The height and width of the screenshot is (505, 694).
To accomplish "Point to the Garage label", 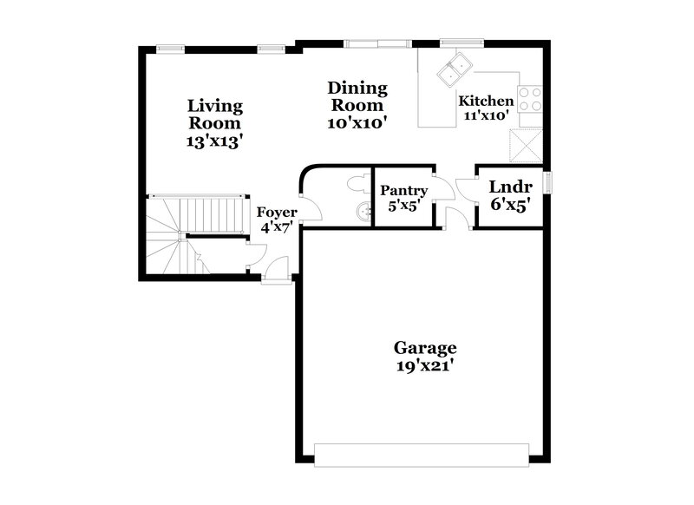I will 425,348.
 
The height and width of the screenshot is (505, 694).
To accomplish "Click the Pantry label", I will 403,191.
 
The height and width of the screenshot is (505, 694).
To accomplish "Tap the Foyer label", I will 278,212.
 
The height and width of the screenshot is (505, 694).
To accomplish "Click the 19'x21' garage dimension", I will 425,366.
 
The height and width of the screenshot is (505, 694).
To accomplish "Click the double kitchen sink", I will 455,69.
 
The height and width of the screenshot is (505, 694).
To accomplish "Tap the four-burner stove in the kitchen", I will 529,100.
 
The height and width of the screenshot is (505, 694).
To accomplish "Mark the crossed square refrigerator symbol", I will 526,145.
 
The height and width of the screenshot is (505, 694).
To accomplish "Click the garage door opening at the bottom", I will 422,455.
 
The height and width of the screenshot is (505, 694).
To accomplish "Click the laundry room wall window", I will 548,183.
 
